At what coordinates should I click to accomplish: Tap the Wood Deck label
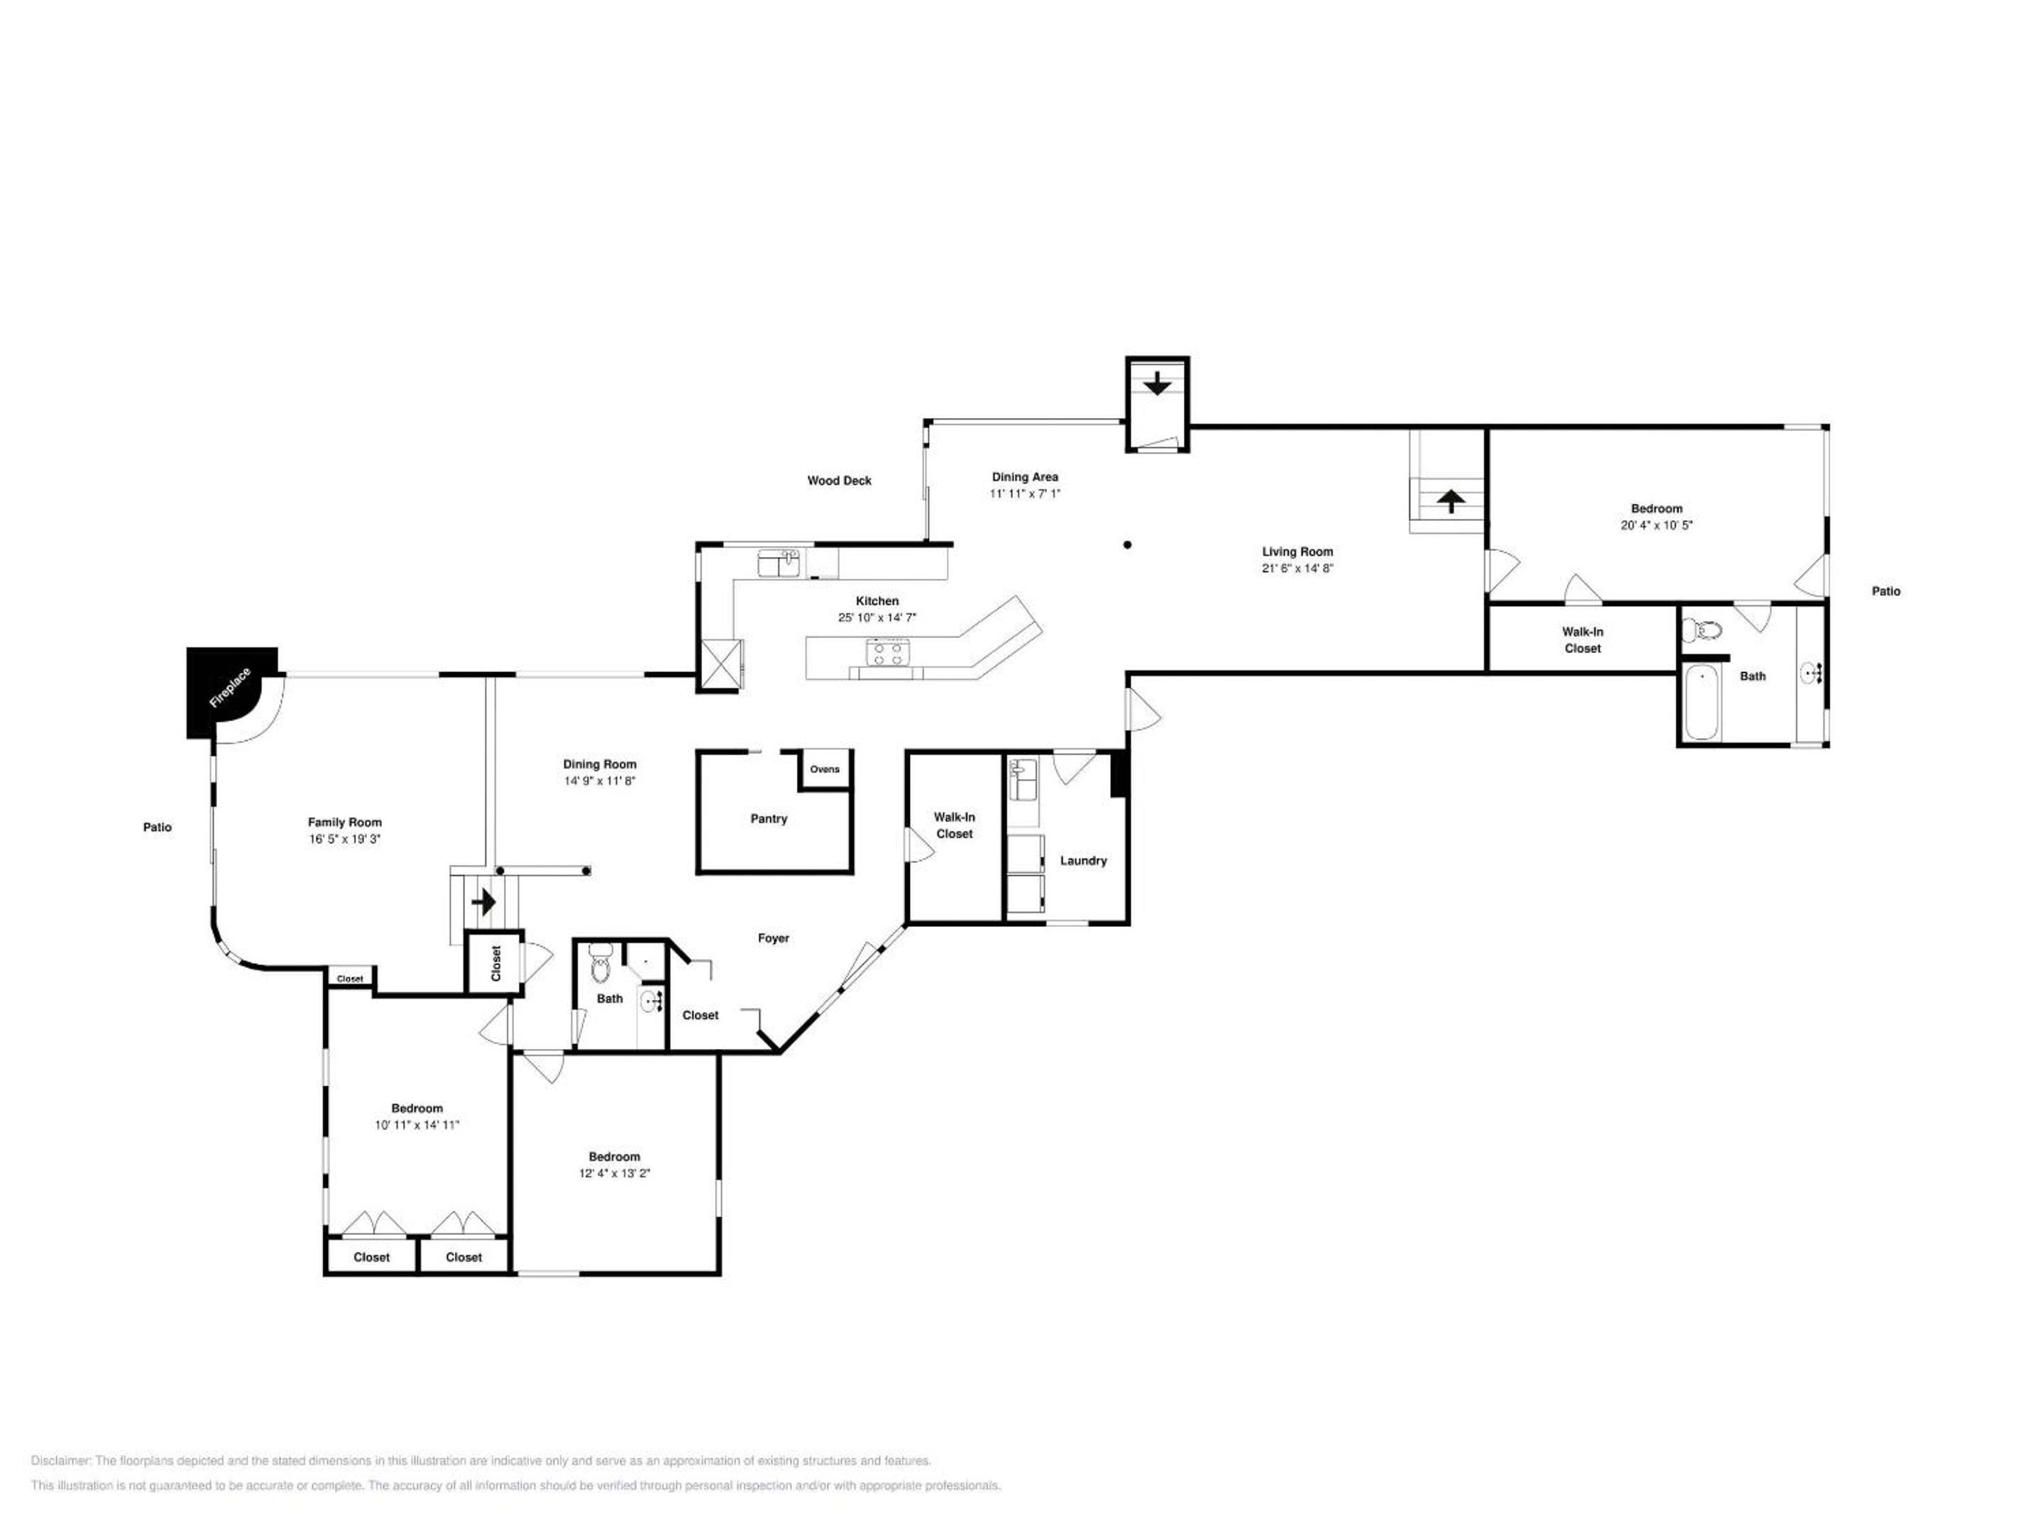click(839, 480)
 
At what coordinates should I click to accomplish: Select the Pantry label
click(769, 819)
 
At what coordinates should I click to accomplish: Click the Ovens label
click(825, 769)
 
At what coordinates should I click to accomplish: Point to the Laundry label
click(1083, 860)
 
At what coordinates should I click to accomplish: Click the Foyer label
click(774, 938)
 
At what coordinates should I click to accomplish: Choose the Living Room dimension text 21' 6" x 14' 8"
click(1297, 568)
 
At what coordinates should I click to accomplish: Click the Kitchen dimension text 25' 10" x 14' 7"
click(877, 617)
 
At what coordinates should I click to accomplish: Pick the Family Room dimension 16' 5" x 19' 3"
click(345, 839)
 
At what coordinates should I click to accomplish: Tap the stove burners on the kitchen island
click(889, 654)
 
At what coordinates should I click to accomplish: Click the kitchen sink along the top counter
click(779, 563)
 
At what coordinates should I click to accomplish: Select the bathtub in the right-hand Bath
click(1702, 703)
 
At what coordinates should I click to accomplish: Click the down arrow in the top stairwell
click(1157, 383)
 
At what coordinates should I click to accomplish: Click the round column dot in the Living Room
click(1127, 545)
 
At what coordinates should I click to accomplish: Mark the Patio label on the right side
click(1886, 591)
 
